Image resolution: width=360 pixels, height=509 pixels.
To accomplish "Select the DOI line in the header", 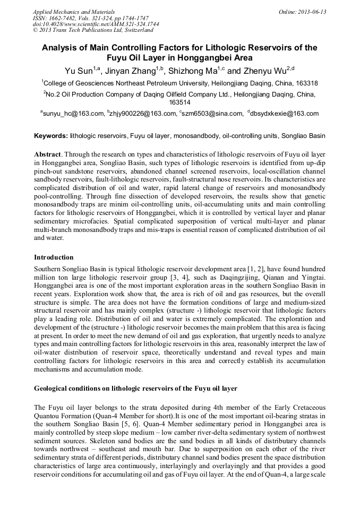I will [x=88, y=24].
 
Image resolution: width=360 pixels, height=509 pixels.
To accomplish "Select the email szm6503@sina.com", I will [x=210, y=114].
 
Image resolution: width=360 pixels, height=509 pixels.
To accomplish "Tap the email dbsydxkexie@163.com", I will [x=286, y=114].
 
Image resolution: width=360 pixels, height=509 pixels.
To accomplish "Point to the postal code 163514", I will [x=179, y=102].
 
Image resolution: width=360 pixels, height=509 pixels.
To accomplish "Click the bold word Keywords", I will [x=50, y=136].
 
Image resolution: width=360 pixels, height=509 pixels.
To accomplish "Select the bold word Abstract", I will [x=48, y=153].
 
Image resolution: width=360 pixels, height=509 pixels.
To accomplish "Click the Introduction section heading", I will [x=54, y=257].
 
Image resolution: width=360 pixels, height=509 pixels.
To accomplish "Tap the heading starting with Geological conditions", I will [x=135, y=389].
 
